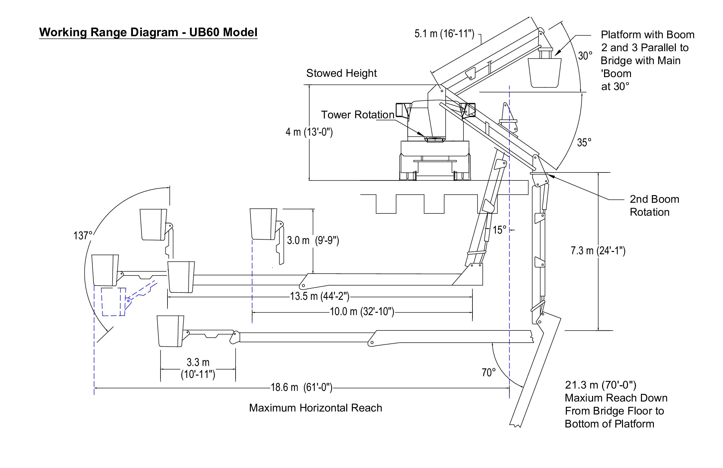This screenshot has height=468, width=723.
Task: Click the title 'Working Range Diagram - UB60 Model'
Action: pyautogui.click(x=148, y=32)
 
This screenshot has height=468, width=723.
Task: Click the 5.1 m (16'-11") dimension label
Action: pyautogui.click(x=444, y=34)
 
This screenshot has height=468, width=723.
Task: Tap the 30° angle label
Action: pyautogui.click(x=585, y=56)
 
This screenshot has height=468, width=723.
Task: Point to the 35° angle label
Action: pyautogui.click(x=584, y=143)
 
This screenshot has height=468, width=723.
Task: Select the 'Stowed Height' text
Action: pyautogui.click(x=342, y=73)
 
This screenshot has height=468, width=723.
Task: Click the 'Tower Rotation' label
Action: pyautogui.click(x=358, y=115)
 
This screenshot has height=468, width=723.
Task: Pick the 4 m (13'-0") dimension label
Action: pyautogui.click(x=309, y=132)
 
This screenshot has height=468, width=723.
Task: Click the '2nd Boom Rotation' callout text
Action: pyautogui.click(x=654, y=205)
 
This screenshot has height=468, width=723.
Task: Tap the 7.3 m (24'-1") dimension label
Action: pyautogui.click(x=598, y=250)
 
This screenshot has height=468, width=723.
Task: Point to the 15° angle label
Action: pyautogui.click(x=499, y=230)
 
